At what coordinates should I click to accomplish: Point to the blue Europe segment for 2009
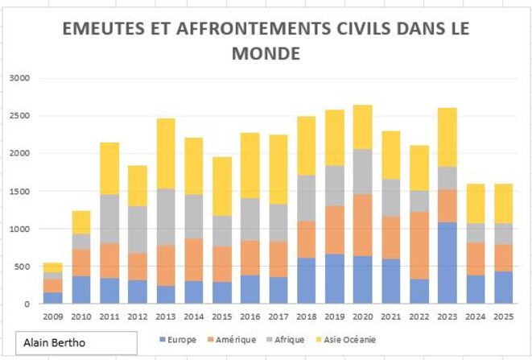pyautogui.click(x=53, y=298)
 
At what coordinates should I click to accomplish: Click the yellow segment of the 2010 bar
pyautogui.click(x=81, y=222)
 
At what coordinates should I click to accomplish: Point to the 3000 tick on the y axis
pyautogui.click(x=19, y=78)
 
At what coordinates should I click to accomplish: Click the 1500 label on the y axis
pyautogui.click(x=19, y=192)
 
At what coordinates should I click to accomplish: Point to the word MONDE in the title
pyautogui.click(x=266, y=54)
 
